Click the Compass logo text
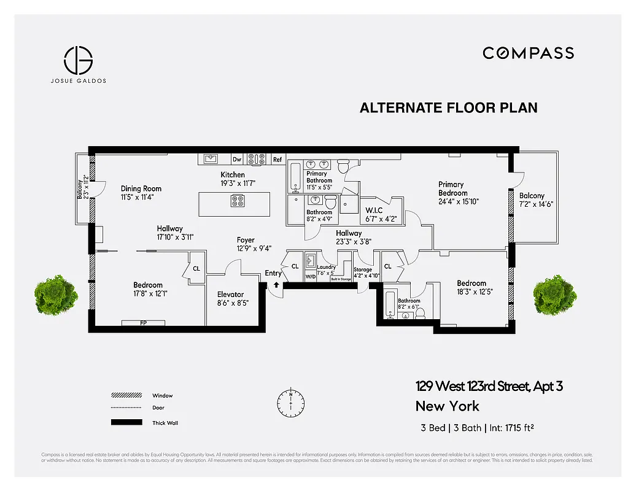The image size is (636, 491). coord(528,53)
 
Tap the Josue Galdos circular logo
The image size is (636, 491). coord(79,60)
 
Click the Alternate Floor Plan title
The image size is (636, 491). coord(448,108)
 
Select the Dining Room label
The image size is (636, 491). coord(141,188)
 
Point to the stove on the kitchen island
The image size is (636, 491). coord(238,201)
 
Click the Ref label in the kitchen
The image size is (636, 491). coord(277,160)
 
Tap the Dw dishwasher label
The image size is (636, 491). coord(237,160)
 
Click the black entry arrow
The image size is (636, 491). coord(276,284)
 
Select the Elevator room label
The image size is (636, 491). coord(230,295)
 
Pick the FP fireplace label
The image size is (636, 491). coord(143,323)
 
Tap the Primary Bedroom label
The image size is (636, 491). coord(451,188)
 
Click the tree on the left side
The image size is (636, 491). coord(55,295)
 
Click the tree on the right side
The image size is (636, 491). coord(555,295)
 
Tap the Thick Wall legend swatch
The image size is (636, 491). coord(126,422)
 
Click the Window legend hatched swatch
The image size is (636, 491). coord(126,396)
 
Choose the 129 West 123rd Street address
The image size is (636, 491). coord(489,386)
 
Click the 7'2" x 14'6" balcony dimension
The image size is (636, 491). coord(536,204)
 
